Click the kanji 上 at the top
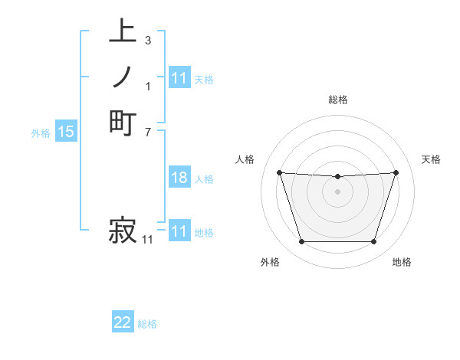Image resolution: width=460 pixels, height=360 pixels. [x=123, y=31]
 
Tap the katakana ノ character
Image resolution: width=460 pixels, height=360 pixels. [x=123, y=77]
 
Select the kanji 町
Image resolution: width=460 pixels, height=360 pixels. [x=123, y=123]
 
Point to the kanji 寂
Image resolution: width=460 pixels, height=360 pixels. [x=123, y=230]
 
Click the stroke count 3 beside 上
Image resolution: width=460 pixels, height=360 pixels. [x=147, y=40]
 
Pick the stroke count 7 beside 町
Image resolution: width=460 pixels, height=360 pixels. [x=147, y=131]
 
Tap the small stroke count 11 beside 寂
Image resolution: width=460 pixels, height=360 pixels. [x=147, y=240]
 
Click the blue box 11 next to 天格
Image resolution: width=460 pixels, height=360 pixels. [x=179, y=78]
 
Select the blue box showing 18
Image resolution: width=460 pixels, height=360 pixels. [x=179, y=178]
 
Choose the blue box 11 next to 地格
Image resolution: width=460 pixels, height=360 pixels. [x=179, y=231]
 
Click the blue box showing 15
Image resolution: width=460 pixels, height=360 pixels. [x=66, y=132]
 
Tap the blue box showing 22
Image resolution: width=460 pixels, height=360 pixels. [x=123, y=323]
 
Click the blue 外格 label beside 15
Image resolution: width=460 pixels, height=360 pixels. [x=41, y=133]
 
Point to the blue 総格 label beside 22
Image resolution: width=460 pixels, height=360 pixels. [x=147, y=324]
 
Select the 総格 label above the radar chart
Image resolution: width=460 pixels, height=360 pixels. [x=338, y=100]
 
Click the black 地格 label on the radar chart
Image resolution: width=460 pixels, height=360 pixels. [x=402, y=262]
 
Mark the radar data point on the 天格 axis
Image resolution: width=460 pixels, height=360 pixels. [x=396, y=172]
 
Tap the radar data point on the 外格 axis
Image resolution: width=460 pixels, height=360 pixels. [x=301, y=242]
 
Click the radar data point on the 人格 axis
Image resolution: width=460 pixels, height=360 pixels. [x=279, y=172]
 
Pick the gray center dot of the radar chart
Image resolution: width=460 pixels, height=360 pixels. [x=337, y=191]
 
